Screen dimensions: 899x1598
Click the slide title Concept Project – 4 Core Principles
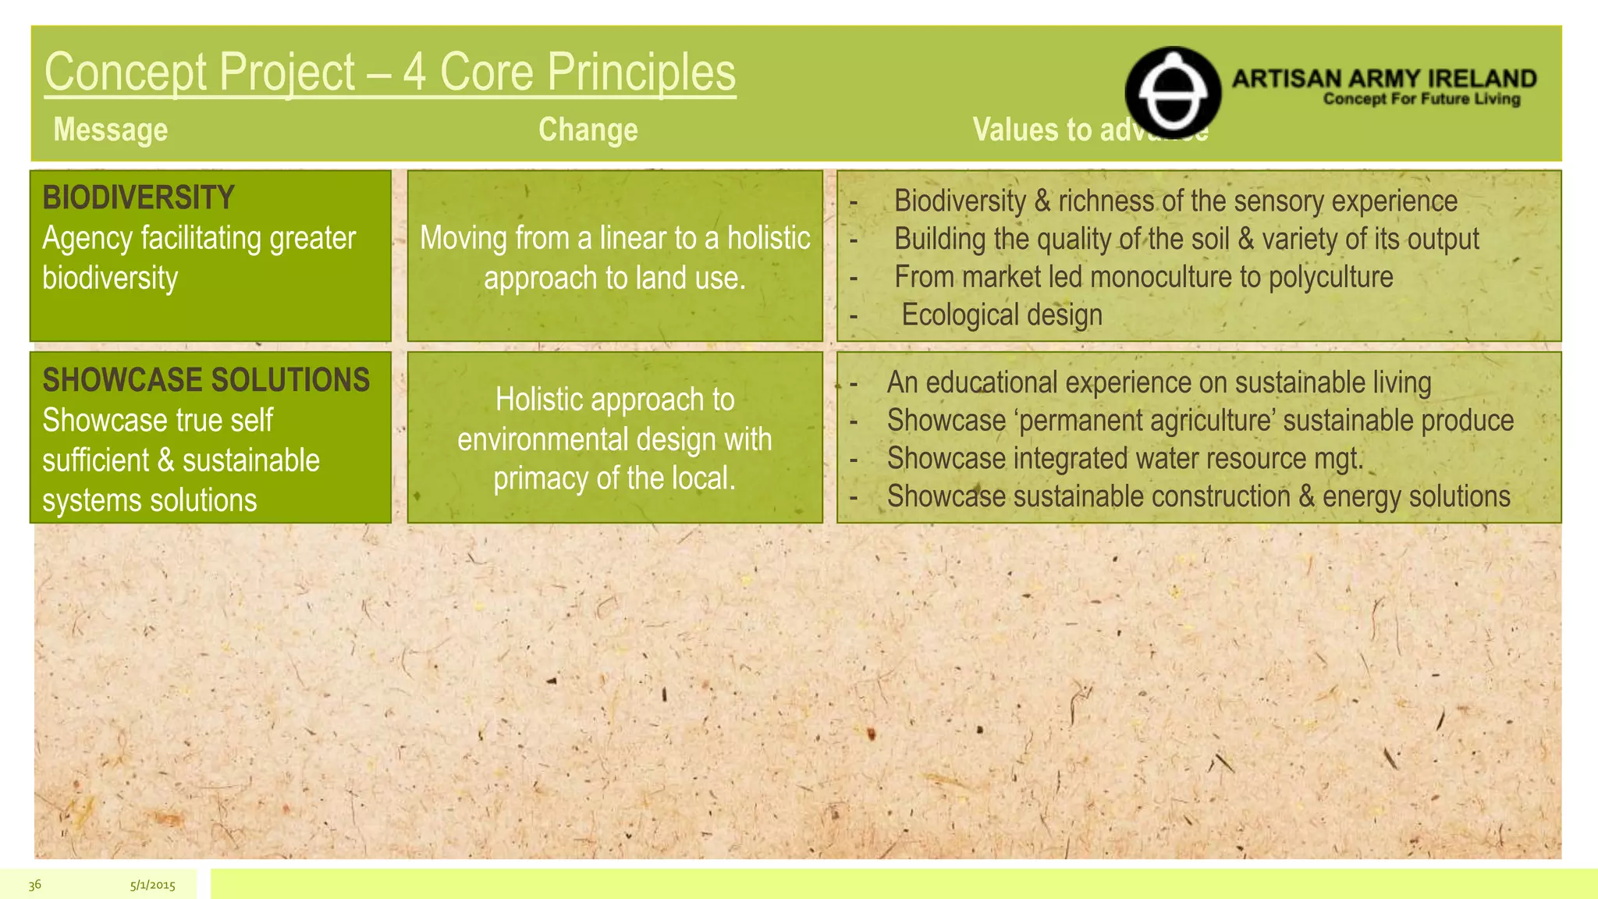point(389,72)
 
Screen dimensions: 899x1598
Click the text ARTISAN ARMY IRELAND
point(1383,79)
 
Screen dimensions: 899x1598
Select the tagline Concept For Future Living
point(1421,99)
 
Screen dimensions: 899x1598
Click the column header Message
point(110,130)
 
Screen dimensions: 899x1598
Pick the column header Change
point(588,130)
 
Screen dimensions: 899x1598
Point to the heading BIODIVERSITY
point(138,197)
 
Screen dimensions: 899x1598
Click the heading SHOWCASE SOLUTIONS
point(206,380)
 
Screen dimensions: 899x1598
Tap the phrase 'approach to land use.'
point(614,278)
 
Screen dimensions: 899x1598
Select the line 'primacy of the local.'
point(614,478)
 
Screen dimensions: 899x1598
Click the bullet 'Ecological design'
point(1002,315)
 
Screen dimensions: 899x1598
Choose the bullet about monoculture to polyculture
point(1143,277)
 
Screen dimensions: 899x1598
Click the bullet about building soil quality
point(1186,239)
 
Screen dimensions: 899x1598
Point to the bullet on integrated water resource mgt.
point(1124,459)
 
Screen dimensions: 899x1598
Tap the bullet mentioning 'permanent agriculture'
point(1200,421)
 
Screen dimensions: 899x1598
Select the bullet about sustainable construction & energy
point(1198,497)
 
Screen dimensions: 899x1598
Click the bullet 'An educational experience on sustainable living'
point(1159,382)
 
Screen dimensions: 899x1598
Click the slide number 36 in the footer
point(34,884)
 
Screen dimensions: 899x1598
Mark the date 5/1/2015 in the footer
point(152,885)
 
